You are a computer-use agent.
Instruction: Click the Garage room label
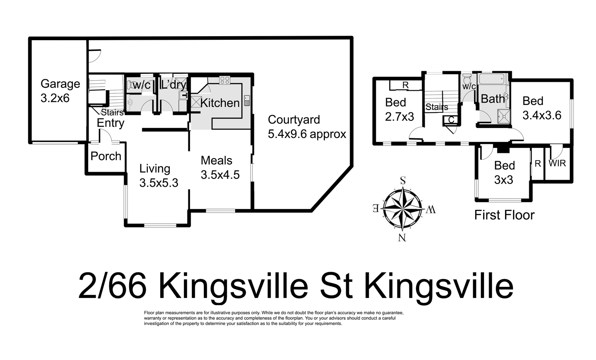(60, 84)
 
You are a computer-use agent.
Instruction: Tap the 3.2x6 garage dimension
(55, 98)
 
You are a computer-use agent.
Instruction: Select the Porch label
(106, 156)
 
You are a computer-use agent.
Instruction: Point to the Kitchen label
(220, 103)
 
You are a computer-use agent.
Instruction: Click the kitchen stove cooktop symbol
(224, 80)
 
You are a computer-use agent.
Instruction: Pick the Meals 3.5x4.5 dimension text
(220, 175)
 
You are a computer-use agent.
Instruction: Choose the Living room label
(155, 168)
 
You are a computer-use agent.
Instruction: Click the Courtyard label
(294, 120)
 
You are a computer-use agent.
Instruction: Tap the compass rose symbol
(403, 208)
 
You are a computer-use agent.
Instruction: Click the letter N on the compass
(402, 238)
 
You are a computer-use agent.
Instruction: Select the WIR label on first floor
(557, 163)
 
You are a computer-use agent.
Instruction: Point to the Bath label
(493, 99)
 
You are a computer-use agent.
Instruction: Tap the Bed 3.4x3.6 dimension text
(542, 115)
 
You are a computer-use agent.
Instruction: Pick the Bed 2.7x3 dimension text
(399, 116)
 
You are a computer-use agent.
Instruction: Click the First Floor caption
(504, 215)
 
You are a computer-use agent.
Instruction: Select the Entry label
(110, 123)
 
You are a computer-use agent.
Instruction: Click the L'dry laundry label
(173, 84)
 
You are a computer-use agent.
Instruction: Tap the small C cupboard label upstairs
(451, 120)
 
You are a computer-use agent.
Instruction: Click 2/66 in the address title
(112, 286)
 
